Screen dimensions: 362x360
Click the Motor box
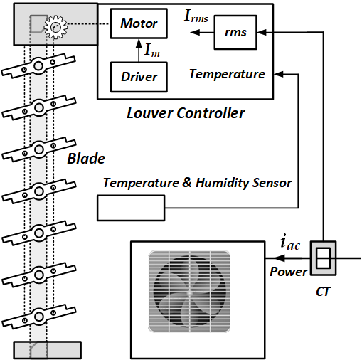click(139, 23)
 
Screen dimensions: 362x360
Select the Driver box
click(139, 77)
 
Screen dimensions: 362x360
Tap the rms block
click(235, 32)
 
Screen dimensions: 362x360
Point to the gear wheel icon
click(55, 27)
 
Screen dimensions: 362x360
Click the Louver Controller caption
click(186, 113)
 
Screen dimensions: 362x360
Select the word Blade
click(86, 159)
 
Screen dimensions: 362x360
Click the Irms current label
click(196, 16)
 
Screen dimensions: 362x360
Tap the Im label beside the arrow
click(152, 51)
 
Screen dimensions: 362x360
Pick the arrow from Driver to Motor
click(139, 51)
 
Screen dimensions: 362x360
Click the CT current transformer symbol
click(323, 258)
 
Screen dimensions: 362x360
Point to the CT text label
click(323, 292)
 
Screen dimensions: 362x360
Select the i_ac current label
click(290, 242)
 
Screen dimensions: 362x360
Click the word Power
click(289, 272)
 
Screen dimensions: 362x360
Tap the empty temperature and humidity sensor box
click(131, 208)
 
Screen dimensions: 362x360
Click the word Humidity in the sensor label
click(222, 183)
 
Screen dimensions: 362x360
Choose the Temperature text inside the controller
click(227, 74)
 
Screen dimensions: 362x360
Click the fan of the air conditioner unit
click(189, 292)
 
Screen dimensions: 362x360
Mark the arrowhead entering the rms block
click(262, 32)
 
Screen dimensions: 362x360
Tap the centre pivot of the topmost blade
click(38, 65)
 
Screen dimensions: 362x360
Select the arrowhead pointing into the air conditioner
click(280, 258)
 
